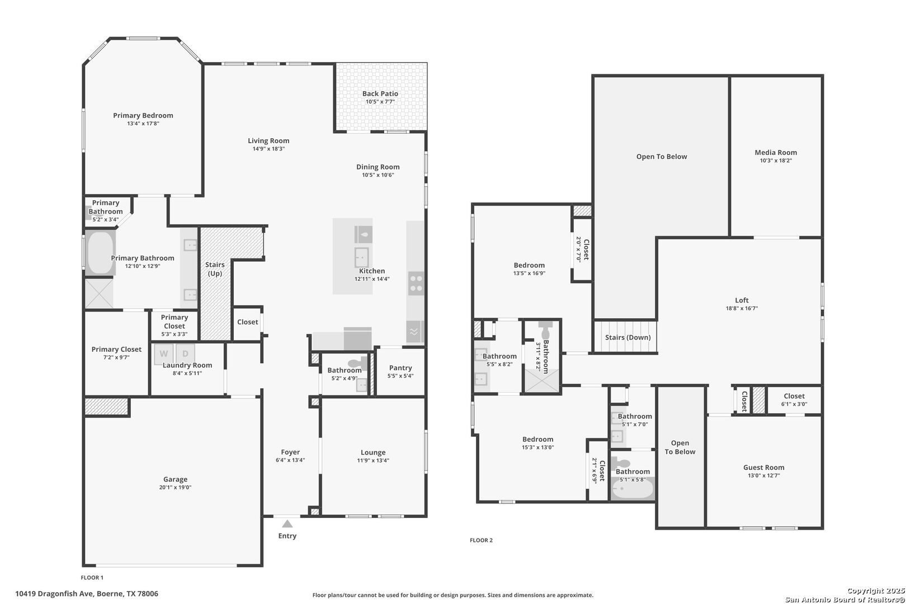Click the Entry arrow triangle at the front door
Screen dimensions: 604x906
coord(287,524)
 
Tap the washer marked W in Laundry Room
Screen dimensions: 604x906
coord(163,353)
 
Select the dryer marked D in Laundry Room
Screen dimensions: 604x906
coord(185,353)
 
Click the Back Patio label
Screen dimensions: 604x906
coord(380,94)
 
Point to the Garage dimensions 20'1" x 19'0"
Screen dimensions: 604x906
coord(175,488)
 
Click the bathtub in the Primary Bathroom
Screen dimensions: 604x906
coord(101,253)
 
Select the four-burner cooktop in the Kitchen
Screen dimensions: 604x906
coord(416,284)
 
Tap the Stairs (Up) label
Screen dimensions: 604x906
coord(215,269)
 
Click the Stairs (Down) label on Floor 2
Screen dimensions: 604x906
coord(627,337)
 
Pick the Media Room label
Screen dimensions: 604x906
coord(776,152)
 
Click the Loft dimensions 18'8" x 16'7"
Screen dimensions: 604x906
coord(742,308)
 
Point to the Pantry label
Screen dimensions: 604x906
coord(400,367)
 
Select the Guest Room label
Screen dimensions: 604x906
coord(763,468)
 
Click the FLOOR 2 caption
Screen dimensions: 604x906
coord(481,540)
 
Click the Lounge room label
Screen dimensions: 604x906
coord(373,452)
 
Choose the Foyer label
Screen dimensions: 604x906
coord(290,452)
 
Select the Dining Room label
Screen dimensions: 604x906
coord(378,167)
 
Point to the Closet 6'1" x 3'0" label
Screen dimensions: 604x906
coord(794,396)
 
